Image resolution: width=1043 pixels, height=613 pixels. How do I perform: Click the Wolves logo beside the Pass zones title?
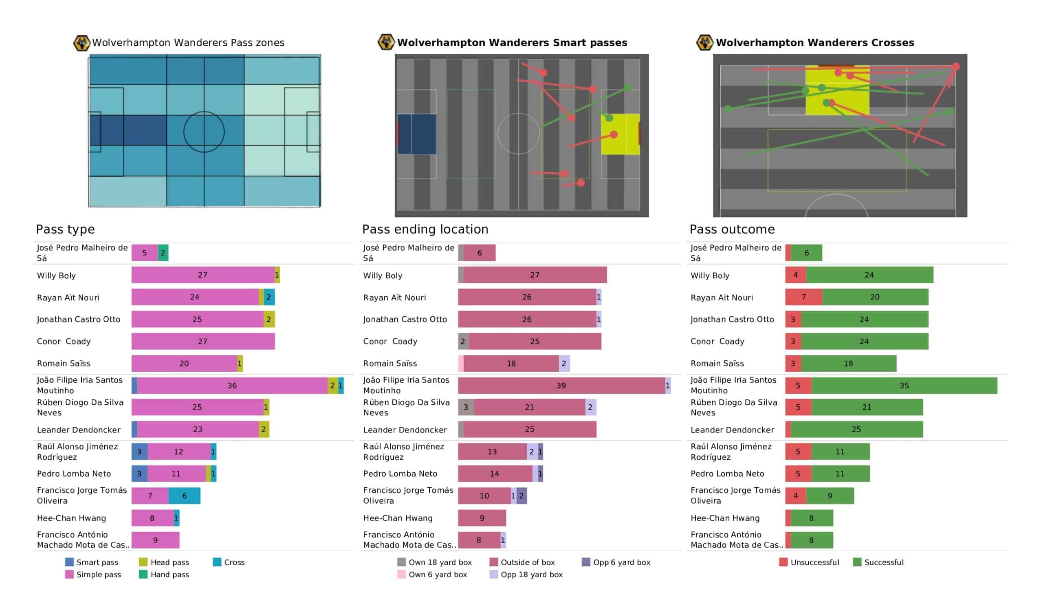pyautogui.click(x=81, y=43)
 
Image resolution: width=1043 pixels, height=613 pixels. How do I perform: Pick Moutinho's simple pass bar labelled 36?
pyautogui.click(x=232, y=386)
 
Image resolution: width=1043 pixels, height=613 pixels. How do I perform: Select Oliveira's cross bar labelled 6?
pyautogui.click(x=184, y=496)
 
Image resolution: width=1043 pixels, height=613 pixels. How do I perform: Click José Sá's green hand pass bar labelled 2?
pyautogui.click(x=163, y=253)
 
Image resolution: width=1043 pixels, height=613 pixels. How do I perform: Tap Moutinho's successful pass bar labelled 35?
pyautogui.click(x=904, y=386)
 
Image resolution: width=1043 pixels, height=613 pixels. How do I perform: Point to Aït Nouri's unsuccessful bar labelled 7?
pyautogui.click(x=804, y=297)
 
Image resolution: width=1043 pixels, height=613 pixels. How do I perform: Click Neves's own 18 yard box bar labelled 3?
pyautogui.click(x=466, y=407)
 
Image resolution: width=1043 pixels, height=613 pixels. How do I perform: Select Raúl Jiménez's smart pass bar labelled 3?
pyautogui.click(x=139, y=452)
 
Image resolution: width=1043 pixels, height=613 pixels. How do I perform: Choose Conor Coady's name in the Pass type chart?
pyautogui.click(x=64, y=341)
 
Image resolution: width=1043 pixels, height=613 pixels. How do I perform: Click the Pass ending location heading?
pyautogui.click(x=425, y=229)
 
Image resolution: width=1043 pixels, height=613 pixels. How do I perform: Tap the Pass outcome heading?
pyautogui.click(x=732, y=229)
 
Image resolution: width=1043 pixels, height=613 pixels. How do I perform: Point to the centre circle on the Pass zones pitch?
pyautogui.click(x=204, y=132)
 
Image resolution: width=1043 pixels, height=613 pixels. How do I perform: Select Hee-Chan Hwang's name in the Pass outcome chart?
pyautogui.click(x=725, y=518)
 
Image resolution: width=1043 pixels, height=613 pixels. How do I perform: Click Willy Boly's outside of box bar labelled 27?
pyautogui.click(x=535, y=275)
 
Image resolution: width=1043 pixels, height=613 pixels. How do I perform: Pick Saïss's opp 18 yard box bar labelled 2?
pyautogui.click(x=564, y=363)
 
